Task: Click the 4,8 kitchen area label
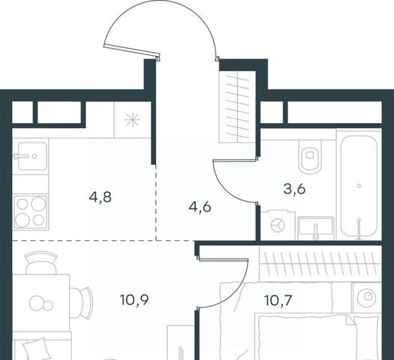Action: point(101,197)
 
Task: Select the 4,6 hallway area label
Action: point(200,208)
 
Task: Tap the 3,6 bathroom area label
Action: point(294,189)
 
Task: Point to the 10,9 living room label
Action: point(134,300)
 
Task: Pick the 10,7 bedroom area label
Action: point(278,300)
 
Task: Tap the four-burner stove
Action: point(31,212)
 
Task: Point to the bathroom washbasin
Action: point(316,228)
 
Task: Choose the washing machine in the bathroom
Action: point(278,225)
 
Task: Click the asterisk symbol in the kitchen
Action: point(132,120)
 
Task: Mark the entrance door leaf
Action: point(132,51)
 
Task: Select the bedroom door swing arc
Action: point(239,290)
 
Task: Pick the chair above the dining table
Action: point(41,262)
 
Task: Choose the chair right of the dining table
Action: point(81,303)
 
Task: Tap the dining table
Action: point(41,303)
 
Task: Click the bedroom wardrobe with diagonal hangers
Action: point(320,263)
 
